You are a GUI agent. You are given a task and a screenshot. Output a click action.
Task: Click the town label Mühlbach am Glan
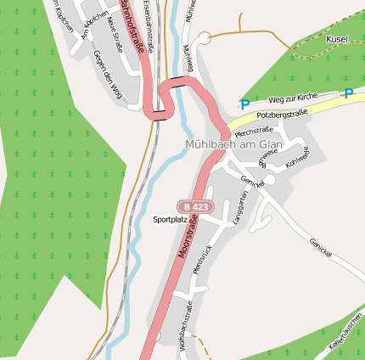click(x=233, y=145)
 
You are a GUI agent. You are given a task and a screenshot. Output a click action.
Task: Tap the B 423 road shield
click(x=194, y=206)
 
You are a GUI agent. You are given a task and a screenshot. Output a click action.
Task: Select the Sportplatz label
click(x=170, y=219)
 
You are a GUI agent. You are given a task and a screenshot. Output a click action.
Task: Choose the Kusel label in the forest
click(x=338, y=39)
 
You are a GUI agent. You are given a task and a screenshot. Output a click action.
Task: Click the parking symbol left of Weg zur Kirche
click(x=244, y=104)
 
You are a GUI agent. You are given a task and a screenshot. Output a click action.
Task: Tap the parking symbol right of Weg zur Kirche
click(x=347, y=93)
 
